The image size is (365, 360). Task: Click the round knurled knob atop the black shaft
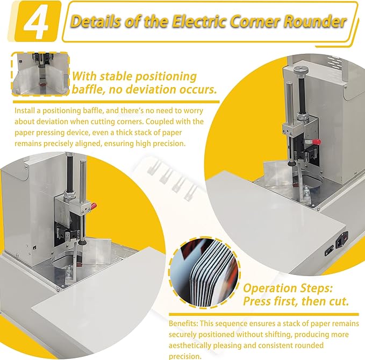(x=301, y=69)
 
